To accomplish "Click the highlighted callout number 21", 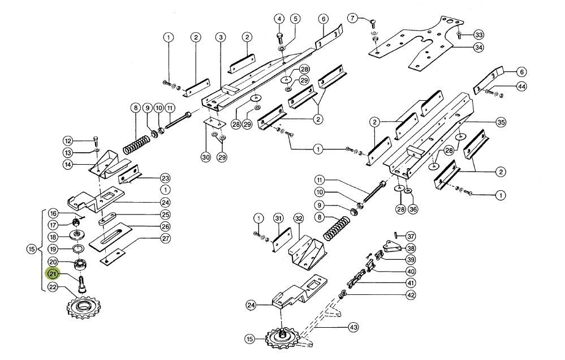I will pyautogui.click(x=52, y=275).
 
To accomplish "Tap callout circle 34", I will pyautogui.click(x=478, y=47).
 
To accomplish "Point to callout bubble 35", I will pyautogui.click(x=501, y=122).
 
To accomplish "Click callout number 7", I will pyautogui.click(x=352, y=19).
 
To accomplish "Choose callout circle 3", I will pyautogui.click(x=220, y=37).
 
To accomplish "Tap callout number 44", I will pyautogui.click(x=521, y=87).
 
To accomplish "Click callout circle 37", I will pyautogui.click(x=410, y=236).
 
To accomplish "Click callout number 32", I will pyautogui.click(x=298, y=218).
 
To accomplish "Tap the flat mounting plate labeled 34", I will pyautogui.click(x=419, y=45).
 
